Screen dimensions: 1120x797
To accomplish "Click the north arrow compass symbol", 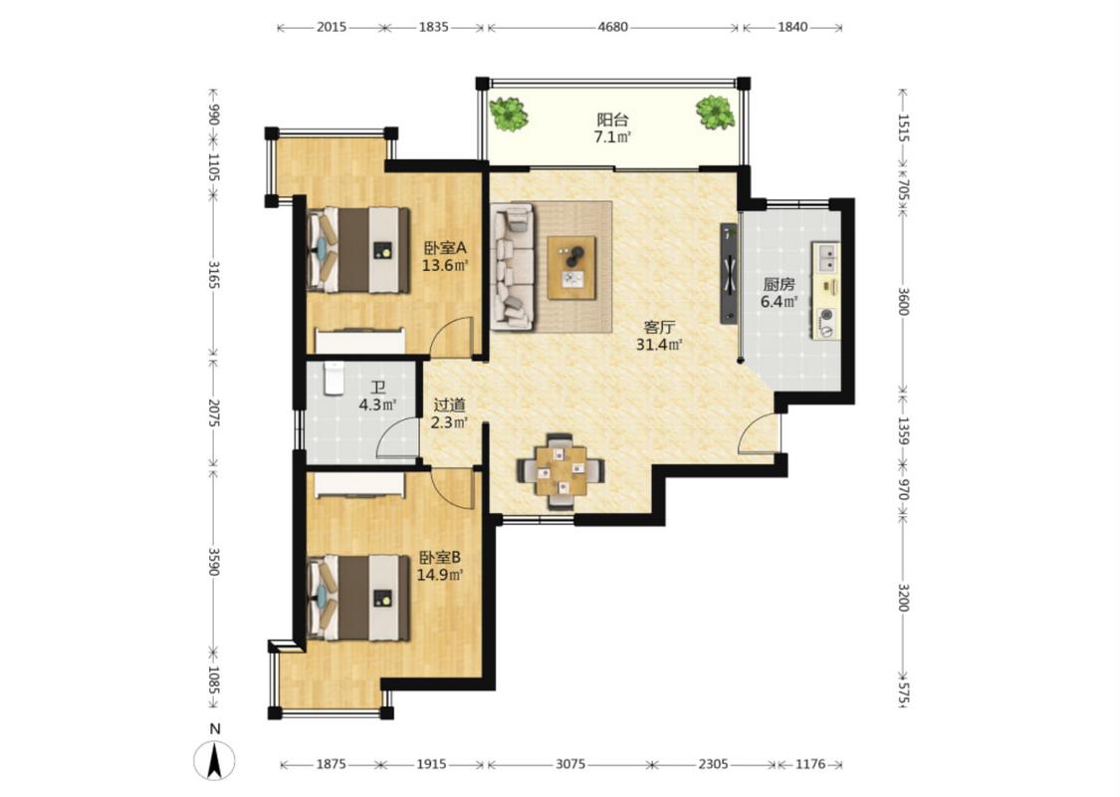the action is [214, 760].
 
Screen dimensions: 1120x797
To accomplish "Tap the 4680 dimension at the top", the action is [612, 27].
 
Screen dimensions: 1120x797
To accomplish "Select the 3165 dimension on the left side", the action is [213, 275].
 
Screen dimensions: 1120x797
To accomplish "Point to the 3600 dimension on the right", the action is [903, 301].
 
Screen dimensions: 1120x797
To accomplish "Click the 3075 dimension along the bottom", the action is [570, 764].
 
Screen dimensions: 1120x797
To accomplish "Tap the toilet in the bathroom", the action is [334, 379].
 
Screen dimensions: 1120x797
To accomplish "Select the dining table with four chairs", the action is [561, 470].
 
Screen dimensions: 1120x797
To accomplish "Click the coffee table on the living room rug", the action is [571, 267].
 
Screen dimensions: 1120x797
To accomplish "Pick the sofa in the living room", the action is [512, 267].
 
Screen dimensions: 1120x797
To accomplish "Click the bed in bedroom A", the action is [358, 250].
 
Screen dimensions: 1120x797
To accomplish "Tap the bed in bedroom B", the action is [358, 599].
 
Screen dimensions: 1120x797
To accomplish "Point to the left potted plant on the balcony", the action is [508, 114].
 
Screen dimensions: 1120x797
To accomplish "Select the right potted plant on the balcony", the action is [715, 113].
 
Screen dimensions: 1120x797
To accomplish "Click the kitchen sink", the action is [826, 257].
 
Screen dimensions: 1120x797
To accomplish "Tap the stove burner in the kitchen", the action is [827, 315].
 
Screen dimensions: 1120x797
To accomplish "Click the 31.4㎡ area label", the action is [659, 345].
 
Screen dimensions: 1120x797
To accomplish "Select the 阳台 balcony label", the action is [612, 120].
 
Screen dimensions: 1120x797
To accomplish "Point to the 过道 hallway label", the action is [449, 404].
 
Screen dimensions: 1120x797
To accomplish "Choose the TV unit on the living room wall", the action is [729, 273].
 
